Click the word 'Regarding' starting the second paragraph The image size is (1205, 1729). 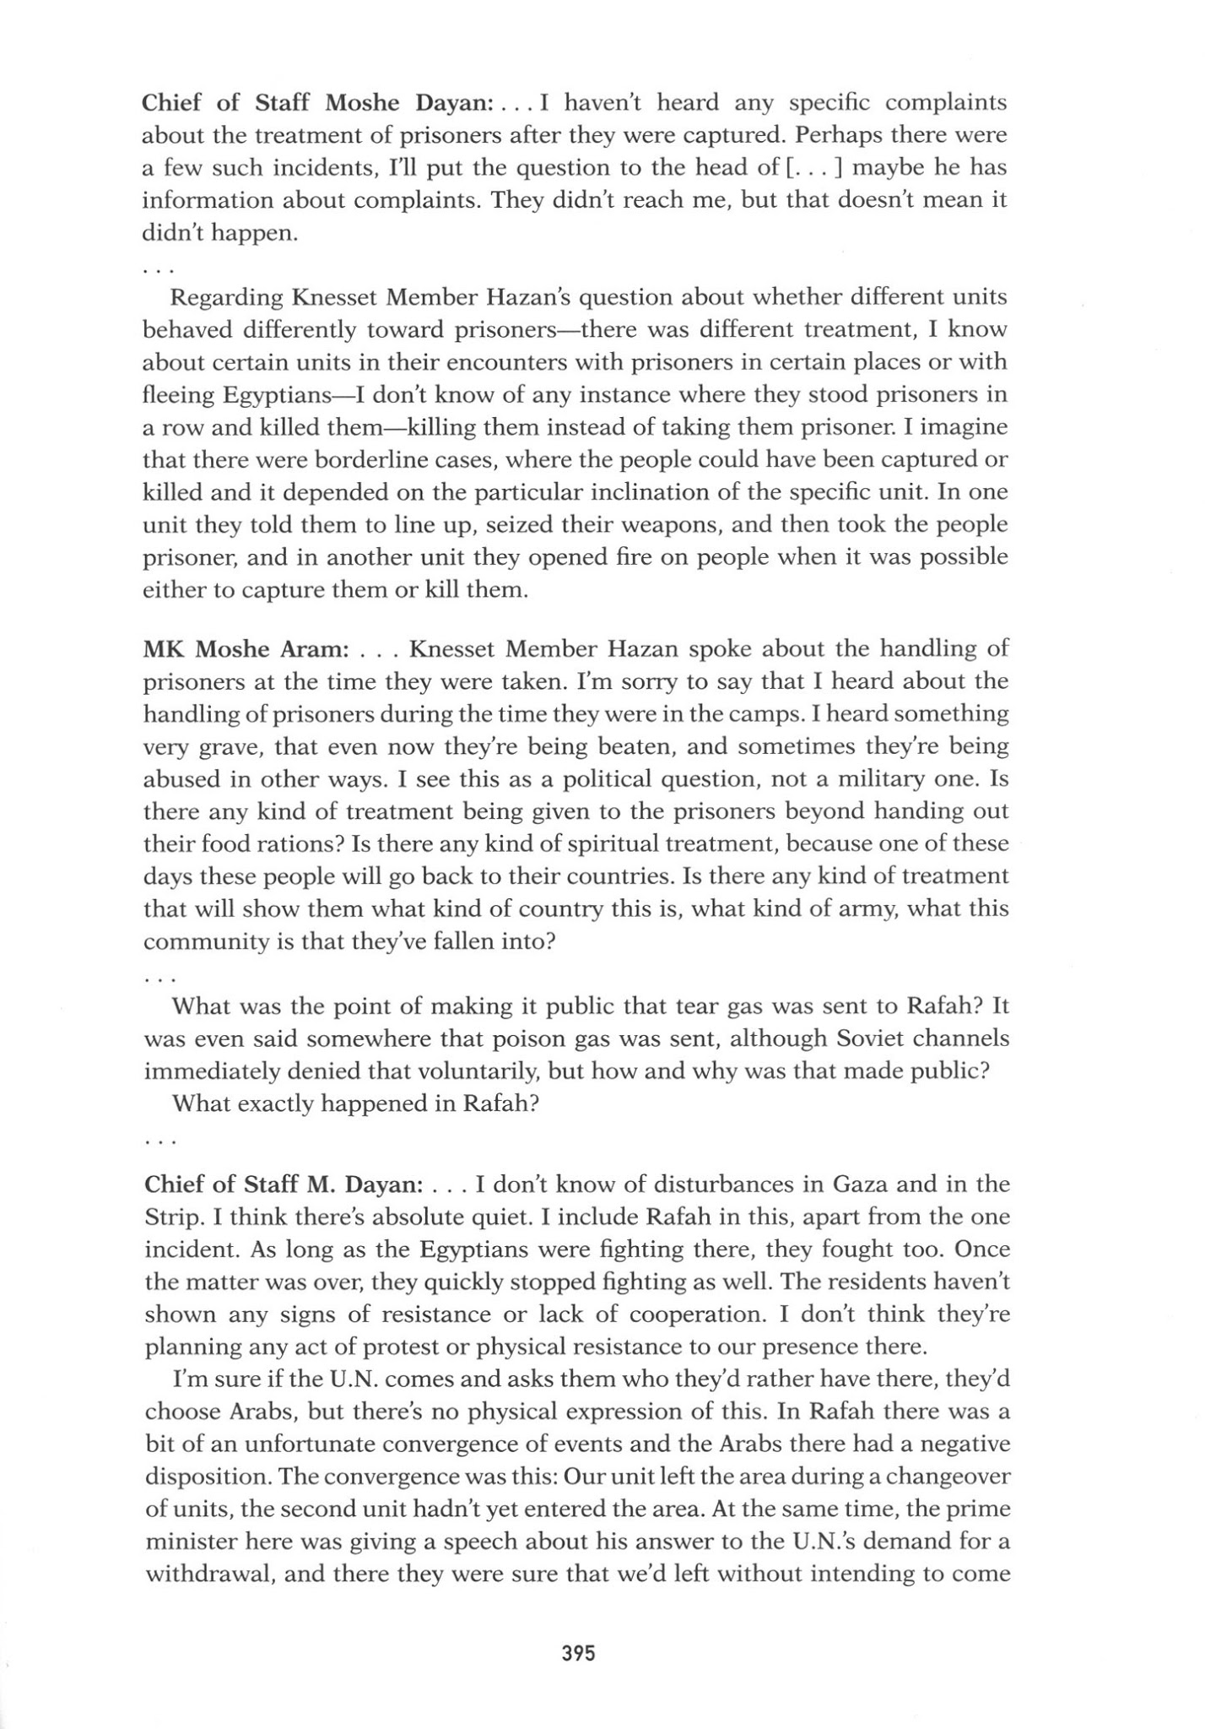tap(226, 298)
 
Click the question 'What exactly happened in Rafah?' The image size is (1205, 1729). tap(354, 1103)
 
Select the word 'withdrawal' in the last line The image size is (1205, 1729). tap(209, 1574)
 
